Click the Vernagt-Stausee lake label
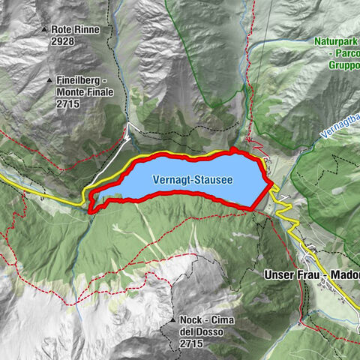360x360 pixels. click(x=192, y=180)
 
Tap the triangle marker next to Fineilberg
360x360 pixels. click(x=48, y=79)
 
